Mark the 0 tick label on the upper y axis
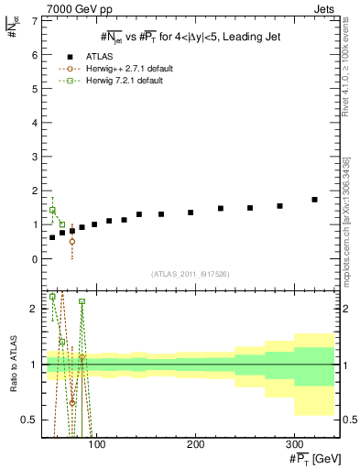pos(34,259)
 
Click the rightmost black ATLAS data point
pos(314,200)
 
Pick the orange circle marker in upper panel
pos(72,242)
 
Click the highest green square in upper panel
pos(52,210)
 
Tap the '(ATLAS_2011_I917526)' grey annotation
pos(189,274)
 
